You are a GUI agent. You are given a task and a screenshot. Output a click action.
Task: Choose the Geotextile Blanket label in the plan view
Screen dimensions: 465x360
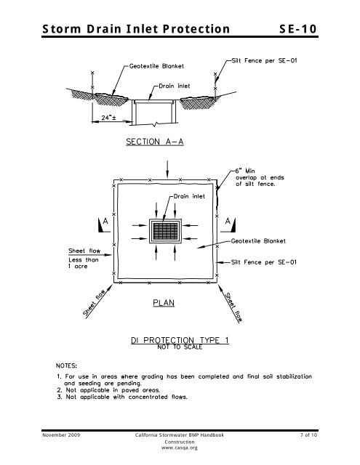tap(259, 241)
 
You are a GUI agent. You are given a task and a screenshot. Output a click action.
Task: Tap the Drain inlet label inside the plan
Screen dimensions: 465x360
tap(188, 195)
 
